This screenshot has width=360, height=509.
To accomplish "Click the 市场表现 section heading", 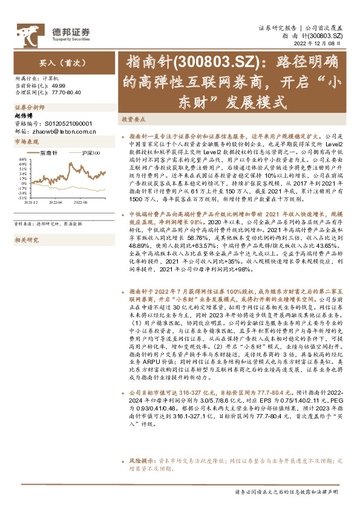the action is tap(26, 141).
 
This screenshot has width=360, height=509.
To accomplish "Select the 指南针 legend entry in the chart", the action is tap(50, 154).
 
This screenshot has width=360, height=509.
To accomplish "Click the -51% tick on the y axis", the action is tap(22, 197).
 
